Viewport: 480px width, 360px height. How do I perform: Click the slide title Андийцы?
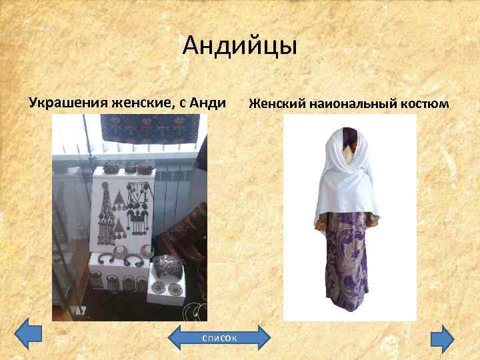click(240, 47)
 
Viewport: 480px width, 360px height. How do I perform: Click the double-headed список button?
click(219, 338)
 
